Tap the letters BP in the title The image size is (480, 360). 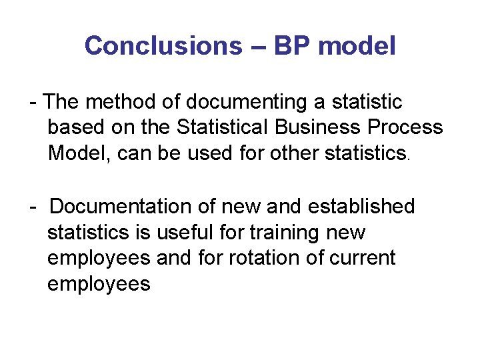click(287, 46)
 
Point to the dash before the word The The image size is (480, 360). click(33, 103)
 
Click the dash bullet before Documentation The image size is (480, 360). click(33, 207)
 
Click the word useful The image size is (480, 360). click(199, 233)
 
